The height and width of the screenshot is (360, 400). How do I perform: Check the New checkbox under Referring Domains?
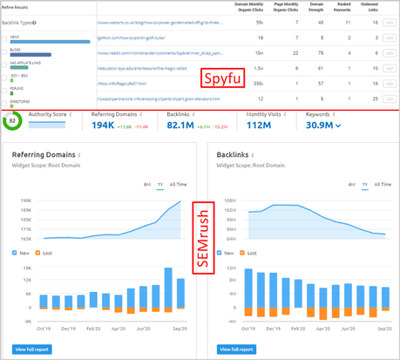(x=16, y=254)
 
